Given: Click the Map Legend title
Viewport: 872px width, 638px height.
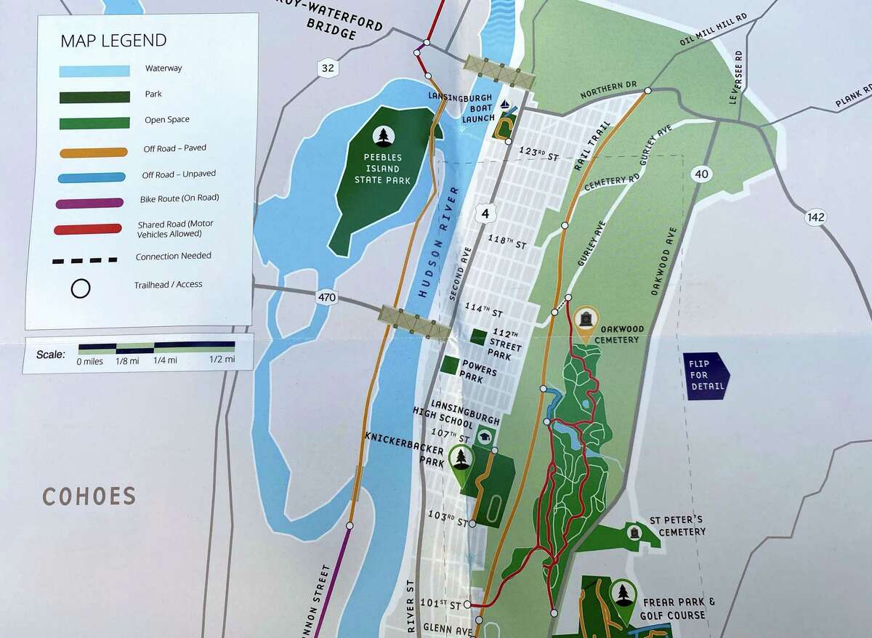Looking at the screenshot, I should click(x=113, y=40).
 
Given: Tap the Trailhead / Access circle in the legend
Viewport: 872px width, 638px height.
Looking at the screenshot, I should click(x=81, y=288).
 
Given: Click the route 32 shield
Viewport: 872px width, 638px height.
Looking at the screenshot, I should click(x=328, y=68).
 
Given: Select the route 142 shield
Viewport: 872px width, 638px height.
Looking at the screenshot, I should click(x=817, y=217).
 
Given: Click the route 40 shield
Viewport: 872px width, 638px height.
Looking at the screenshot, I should click(x=701, y=173).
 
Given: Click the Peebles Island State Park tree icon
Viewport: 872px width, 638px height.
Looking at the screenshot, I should click(x=382, y=135).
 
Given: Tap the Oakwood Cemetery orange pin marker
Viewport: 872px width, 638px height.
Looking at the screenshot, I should click(x=586, y=320).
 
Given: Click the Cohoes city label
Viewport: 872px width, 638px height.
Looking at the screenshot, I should click(x=89, y=496).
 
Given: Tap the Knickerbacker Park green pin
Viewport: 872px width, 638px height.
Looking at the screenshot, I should click(x=461, y=461).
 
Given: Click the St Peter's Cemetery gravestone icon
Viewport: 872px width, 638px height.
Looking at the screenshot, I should click(x=634, y=534).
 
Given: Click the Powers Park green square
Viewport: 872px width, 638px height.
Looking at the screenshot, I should click(x=450, y=366).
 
